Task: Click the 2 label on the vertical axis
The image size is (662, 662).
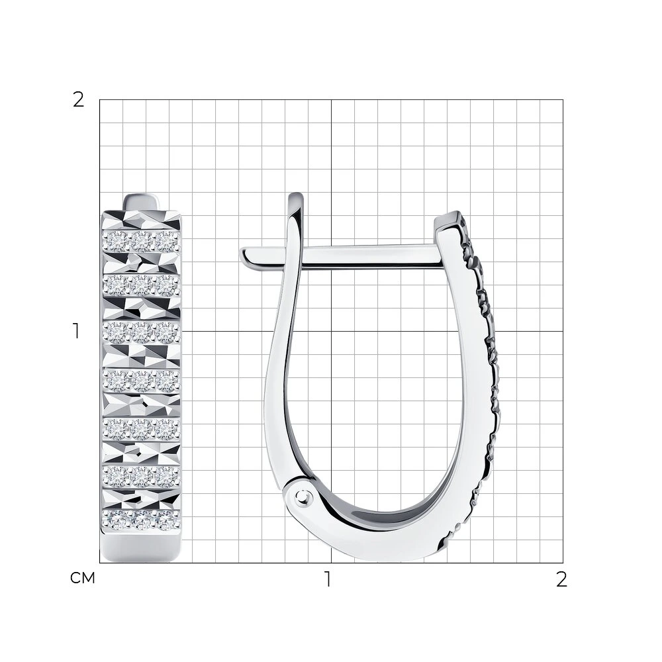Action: coord(79,100)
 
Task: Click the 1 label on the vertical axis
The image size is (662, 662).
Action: coord(76,331)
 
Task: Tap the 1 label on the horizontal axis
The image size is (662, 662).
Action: coord(328,579)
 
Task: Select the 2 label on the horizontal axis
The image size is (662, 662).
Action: coord(561,579)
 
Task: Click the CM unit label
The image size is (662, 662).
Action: coord(82,578)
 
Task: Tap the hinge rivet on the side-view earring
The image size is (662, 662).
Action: coord(302,495)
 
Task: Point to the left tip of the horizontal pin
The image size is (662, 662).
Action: coord(242,254)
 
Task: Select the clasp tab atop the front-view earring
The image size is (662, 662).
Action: coord(141,202)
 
